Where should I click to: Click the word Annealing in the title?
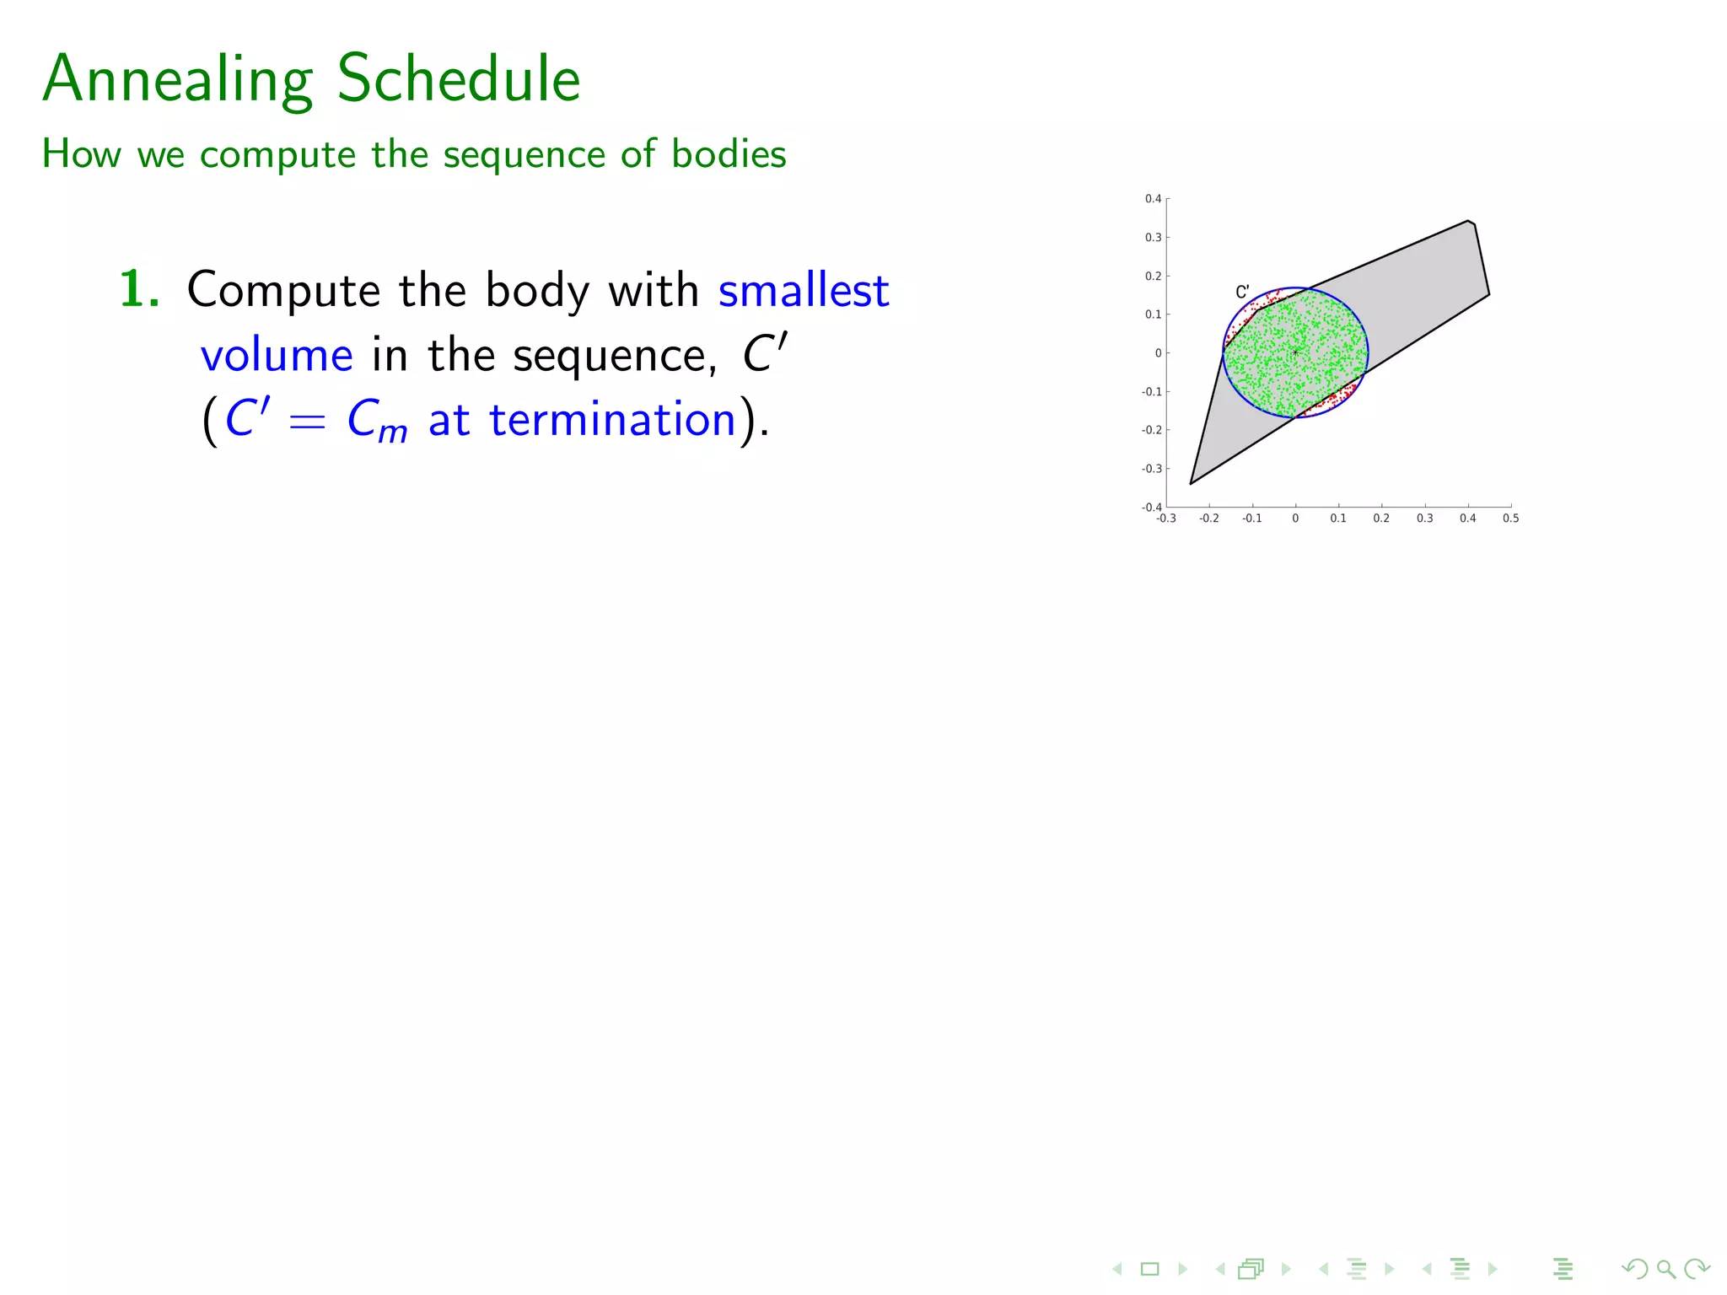click(178, 79)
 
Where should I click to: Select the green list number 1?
click(138, 289)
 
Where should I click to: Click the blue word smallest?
click(803, 291)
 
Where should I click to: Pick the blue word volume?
click(277, 355)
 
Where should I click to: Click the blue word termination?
click(612, 419)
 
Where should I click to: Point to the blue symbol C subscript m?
click(376, 420)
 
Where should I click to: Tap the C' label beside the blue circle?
click(1242, 293)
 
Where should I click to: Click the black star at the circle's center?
click(1295, 352)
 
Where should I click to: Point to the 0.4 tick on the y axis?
click(1153, 199)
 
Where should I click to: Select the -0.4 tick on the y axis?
click(1151, 507)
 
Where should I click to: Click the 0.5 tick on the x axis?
click(1510, 519)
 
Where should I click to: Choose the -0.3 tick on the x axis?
click(1166, 519)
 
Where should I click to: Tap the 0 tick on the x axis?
click(1295, 519)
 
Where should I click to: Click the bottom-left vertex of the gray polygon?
click(1190, 484)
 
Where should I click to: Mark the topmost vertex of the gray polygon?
click(1468, 221)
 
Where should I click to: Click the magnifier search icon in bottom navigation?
click(1665, 1269)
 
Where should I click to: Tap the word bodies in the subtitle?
click(729, 154)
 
